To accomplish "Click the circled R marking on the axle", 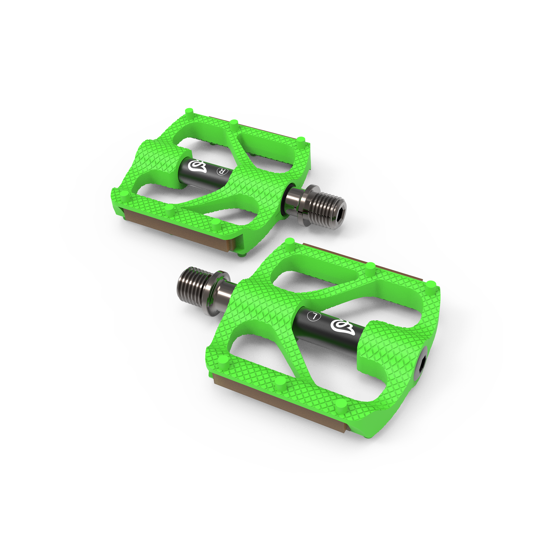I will click(221, 172).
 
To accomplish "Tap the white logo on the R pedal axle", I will click(197, 167).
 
